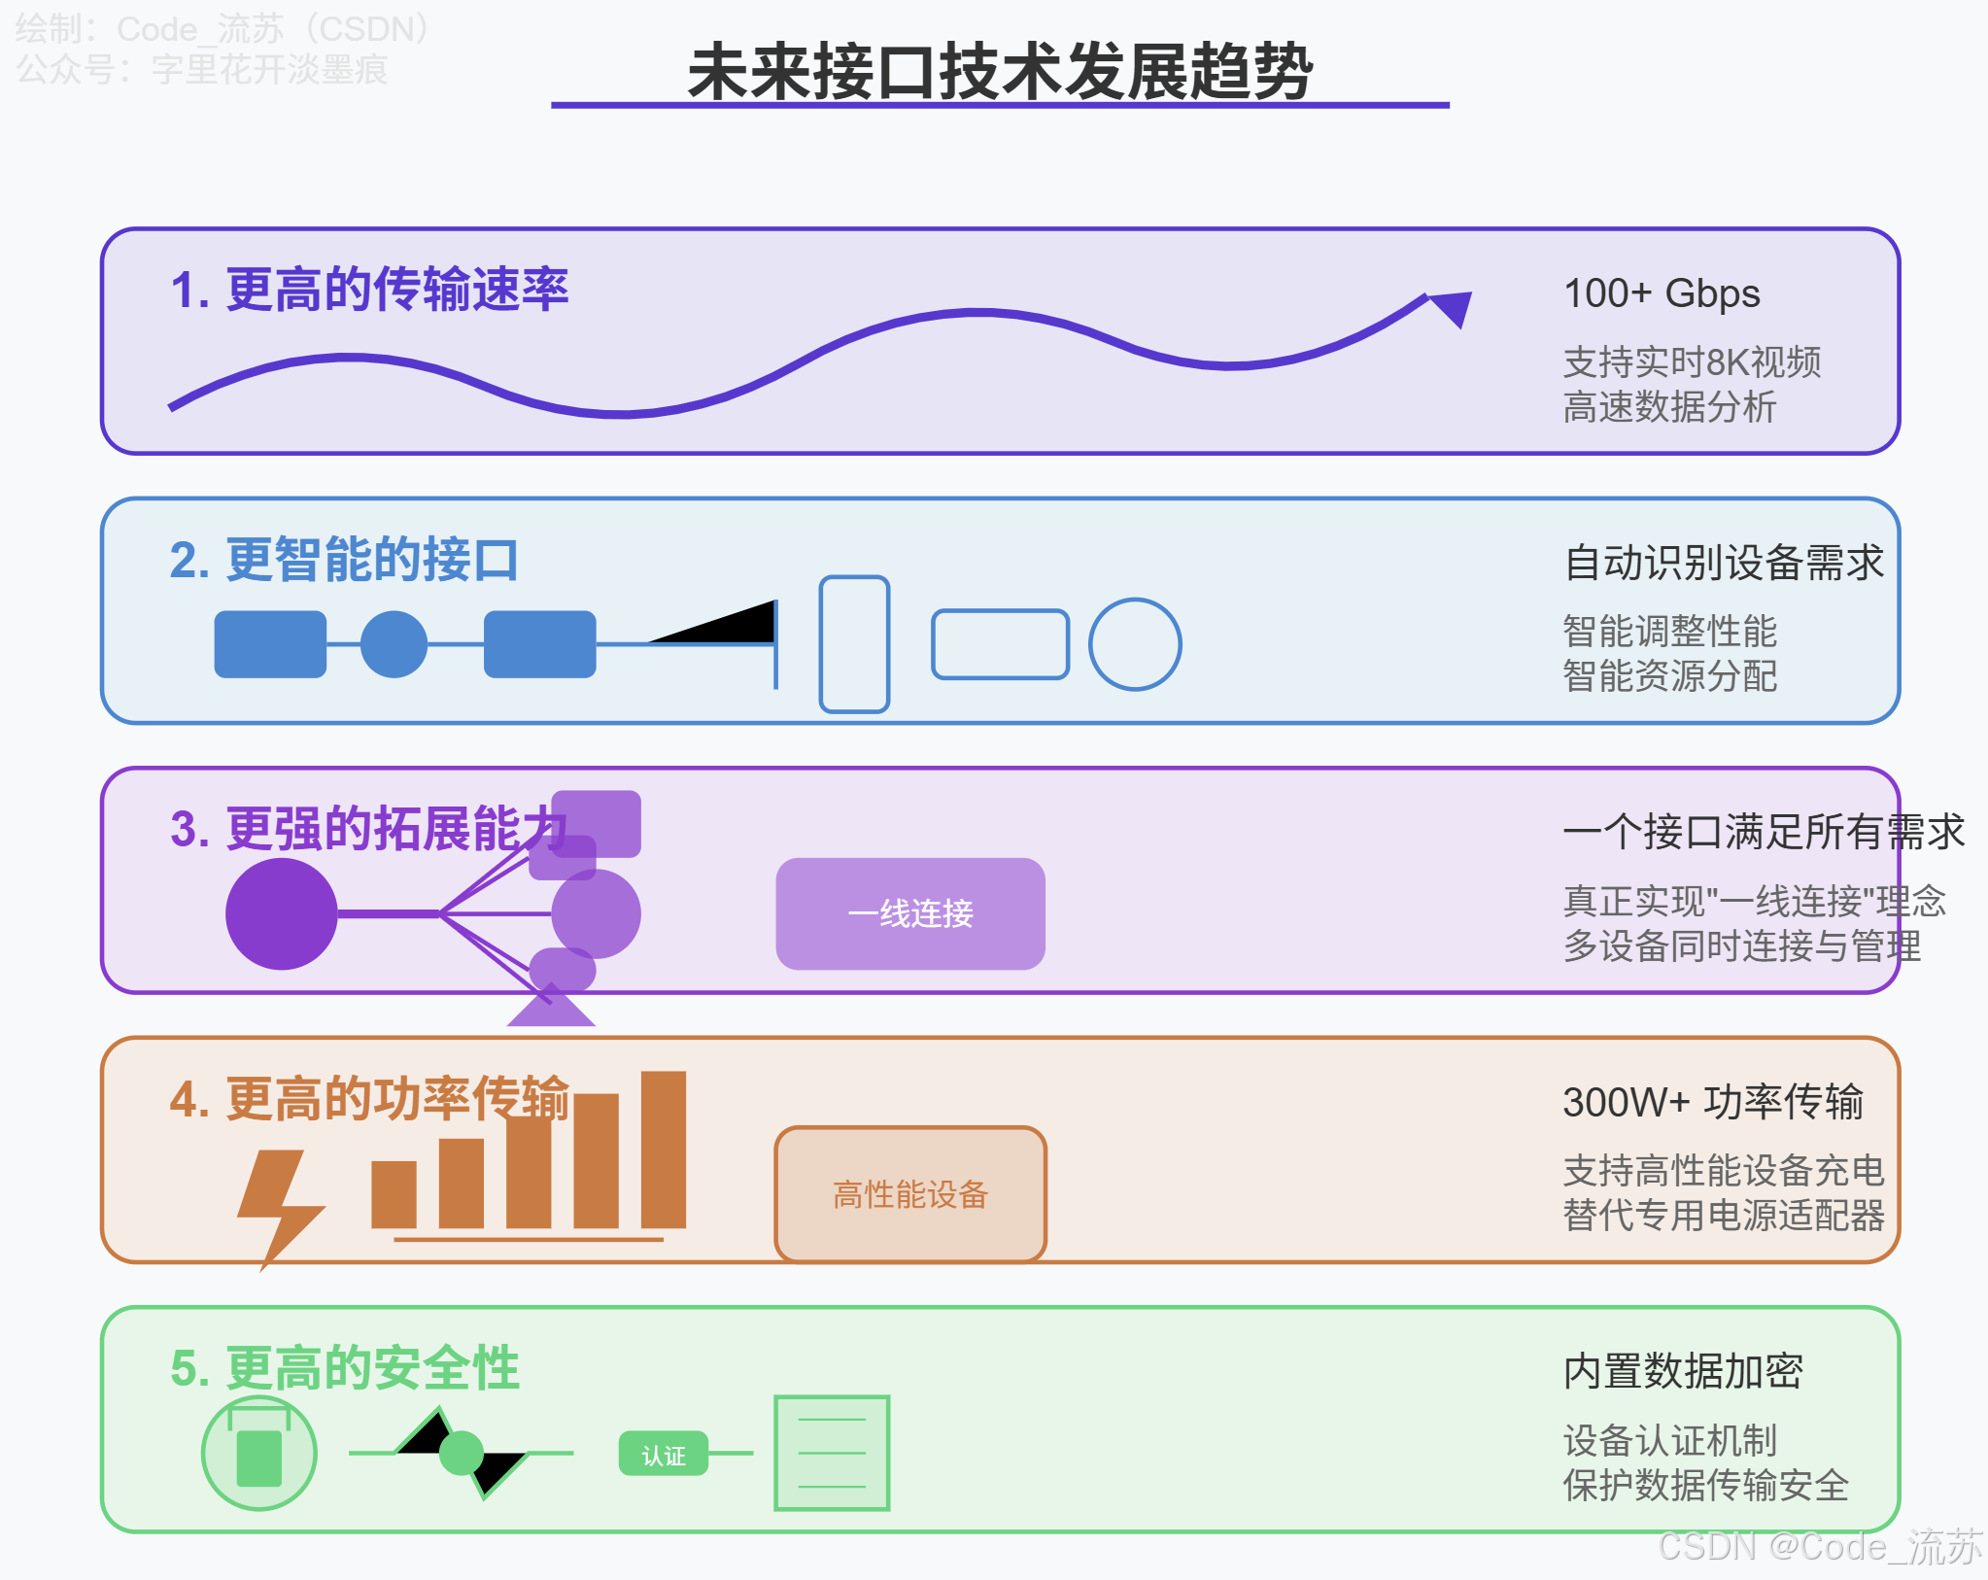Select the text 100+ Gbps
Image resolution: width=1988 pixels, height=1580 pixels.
(1662, 293)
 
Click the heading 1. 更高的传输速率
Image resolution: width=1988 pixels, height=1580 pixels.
(369, 290)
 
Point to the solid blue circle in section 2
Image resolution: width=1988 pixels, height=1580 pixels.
(394, 644)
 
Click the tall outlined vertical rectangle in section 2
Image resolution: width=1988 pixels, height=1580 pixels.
(854, 644)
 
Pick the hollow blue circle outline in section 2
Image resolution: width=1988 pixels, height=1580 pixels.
(1135, 644)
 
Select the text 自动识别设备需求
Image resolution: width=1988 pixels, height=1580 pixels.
(1724, 563)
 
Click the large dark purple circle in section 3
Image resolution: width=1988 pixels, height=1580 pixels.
(282, 913)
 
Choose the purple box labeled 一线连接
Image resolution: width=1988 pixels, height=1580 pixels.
(910, 913)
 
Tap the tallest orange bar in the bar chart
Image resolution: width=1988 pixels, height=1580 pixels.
(664, 1150)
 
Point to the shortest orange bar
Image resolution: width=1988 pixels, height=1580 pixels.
(394, 1194)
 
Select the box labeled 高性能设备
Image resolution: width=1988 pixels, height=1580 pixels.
(910, 1194)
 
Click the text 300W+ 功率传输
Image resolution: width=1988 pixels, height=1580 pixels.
(1713, 1103)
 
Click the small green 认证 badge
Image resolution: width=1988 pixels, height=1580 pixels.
(664, 1455)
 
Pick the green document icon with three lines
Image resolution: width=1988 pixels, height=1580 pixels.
(832, 1453)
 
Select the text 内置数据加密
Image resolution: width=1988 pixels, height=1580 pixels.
(1683, 1372)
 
